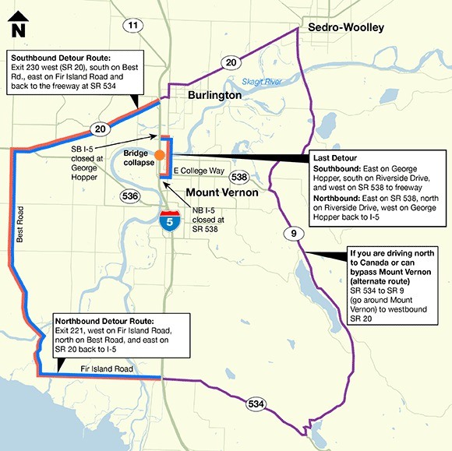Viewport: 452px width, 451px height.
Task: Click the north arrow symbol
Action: click(19, 24)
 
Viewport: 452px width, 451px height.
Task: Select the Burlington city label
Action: click(214, 95)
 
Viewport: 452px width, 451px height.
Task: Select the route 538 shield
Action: click(238, 177)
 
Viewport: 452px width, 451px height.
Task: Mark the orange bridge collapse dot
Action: click(158, 154)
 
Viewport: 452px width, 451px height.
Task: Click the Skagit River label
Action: click(260, 82)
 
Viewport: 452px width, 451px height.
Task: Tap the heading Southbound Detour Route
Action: click(59, 57)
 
